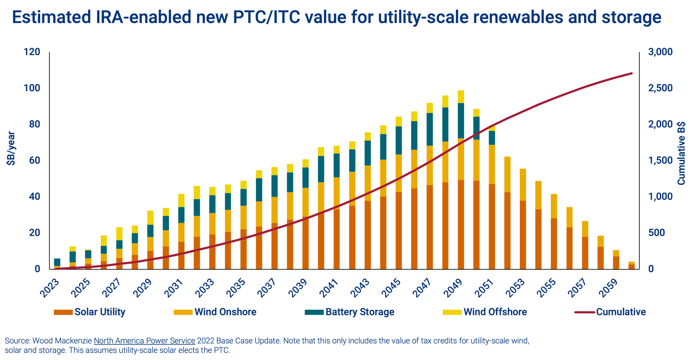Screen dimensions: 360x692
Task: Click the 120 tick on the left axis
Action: tap(32, 52)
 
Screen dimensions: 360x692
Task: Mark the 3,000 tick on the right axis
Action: tap(660, 52)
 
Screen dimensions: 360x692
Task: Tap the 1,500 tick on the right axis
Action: tap(660, 160)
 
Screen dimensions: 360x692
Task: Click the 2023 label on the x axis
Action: tap(50, 288)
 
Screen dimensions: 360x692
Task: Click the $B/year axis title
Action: tap(11, 148)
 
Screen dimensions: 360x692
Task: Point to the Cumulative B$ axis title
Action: tap(681, 153)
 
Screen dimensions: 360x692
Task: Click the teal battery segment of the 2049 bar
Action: tap(461, 121)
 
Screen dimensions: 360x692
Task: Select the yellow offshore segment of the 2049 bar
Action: tap(461, 97)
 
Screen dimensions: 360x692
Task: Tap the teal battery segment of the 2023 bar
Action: tap(57, 262)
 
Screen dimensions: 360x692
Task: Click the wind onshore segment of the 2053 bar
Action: tap(523, 185)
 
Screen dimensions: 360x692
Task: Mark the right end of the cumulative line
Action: tap(632, 73)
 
